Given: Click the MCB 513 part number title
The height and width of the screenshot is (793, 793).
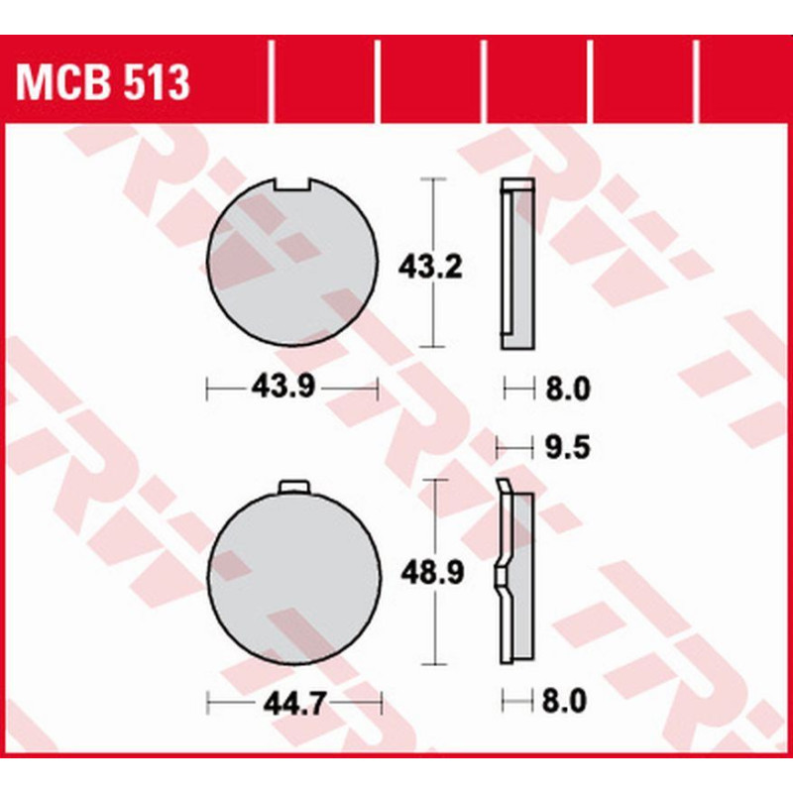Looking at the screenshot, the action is [x=103, y=82].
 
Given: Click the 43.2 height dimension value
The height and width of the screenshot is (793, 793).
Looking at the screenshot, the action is [x=430, y=267].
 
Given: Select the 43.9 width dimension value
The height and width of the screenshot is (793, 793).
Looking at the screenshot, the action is [x=283, y=388].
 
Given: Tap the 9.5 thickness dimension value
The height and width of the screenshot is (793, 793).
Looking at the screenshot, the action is [x=567, y=448].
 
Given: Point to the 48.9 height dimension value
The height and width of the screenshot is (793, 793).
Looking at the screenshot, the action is [x=432, y=574].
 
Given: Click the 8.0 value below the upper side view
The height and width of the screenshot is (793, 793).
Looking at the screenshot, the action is [x=567, y=389].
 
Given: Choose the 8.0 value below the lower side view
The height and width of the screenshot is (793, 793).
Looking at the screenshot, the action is [x=564, y=702].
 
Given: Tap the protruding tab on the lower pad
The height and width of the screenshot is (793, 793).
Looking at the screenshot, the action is [x=293, y=487].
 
